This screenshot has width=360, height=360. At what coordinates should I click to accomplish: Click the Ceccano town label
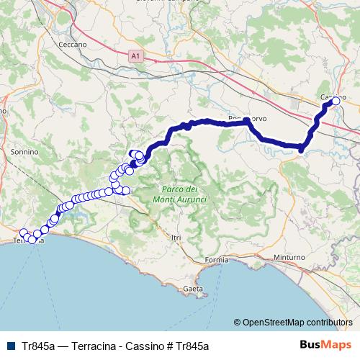pos(73,45)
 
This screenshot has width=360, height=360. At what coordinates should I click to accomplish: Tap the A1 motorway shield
pos(135,54)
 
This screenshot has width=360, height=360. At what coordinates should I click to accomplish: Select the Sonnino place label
pos(24,153)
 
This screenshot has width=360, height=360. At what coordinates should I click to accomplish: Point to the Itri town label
pos(173,236)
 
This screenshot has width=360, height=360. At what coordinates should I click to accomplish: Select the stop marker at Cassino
pos(336,102)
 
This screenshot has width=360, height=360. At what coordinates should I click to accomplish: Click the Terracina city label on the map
pos(29,241)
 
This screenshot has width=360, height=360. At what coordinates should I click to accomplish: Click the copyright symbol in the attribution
pos(238,322)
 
